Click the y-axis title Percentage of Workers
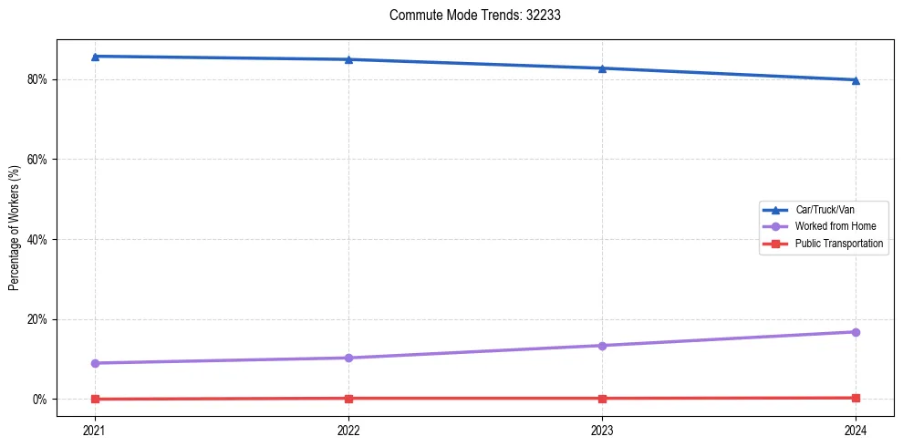(14, 228)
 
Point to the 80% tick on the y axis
(39, 79)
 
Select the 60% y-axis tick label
(39, 160)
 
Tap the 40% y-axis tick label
(39, 240)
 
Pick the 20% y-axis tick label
(39, 319)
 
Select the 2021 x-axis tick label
(95, 430)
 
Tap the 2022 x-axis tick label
(348, 430)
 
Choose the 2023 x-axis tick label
(602, 430)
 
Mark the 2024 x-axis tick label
(856, 430)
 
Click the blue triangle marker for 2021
(95, 57)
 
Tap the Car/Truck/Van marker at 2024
(856, 80)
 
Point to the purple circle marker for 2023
(602, 346)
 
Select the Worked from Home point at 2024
(856, 332)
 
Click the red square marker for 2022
(348, 399)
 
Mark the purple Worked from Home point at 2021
(95, 363)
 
